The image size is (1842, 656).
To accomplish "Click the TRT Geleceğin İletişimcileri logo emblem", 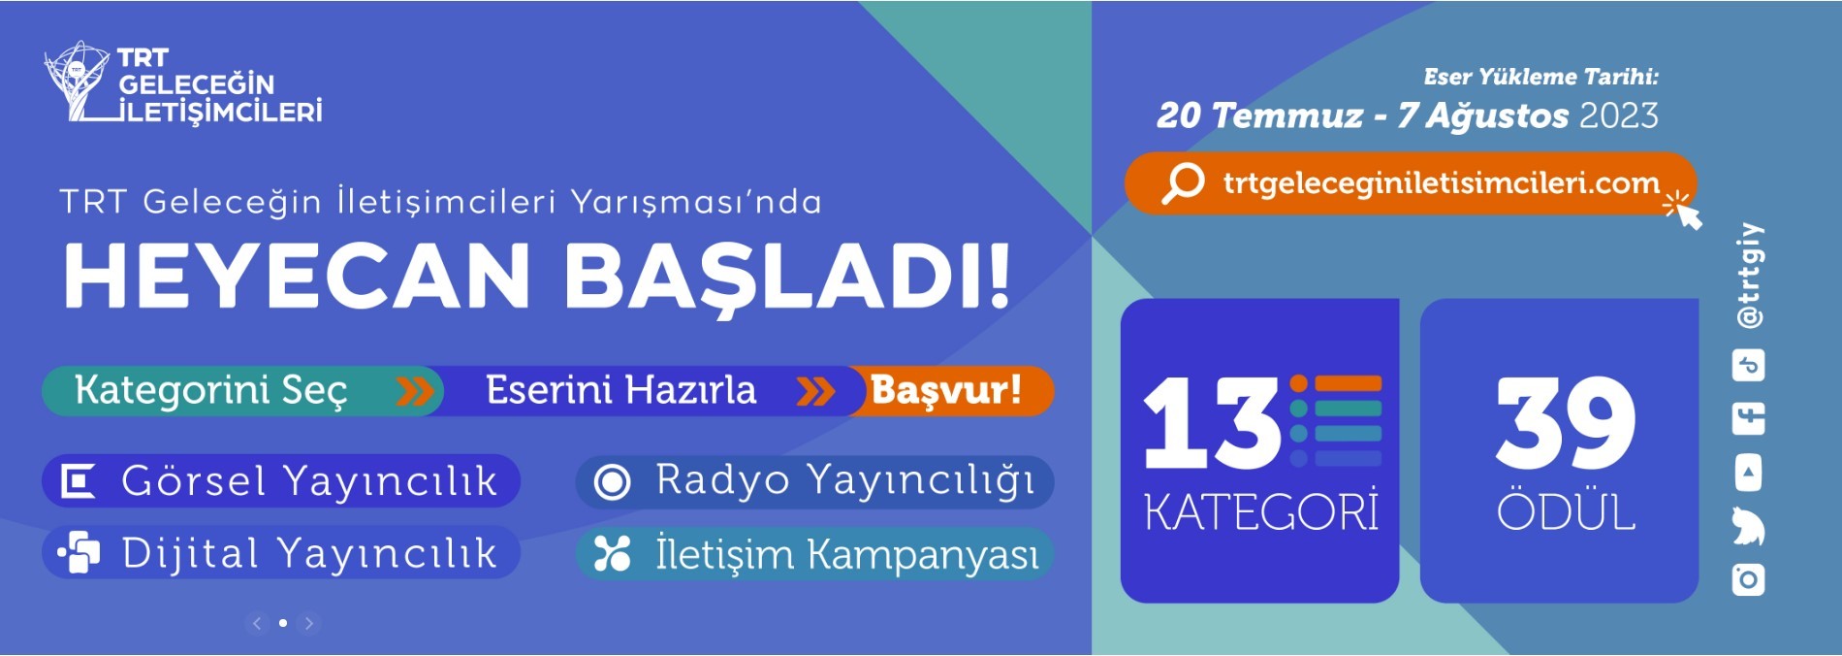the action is pos(78,82).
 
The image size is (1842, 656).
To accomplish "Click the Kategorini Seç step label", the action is pos(210,390).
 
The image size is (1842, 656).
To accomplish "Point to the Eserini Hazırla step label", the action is pos(620,390).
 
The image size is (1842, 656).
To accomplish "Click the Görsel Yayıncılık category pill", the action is pos(281,480).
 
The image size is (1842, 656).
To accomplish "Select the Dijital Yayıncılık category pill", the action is pos(281,553).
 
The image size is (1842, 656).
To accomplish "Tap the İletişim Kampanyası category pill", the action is pos(814,554).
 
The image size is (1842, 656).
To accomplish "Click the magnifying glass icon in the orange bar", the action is pos(1183,182).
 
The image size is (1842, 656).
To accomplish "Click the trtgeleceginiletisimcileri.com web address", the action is pos(1442,182).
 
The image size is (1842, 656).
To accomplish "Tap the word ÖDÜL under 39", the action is pos(1566,510).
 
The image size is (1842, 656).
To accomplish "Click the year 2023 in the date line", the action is pos(1619,115).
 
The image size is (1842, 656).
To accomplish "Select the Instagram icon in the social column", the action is pos(1749,579).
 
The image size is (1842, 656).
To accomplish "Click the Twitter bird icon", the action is pos(1749,526).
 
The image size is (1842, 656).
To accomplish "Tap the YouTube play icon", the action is pos(1749,474).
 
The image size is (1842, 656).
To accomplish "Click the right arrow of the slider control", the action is pos(309,623).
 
